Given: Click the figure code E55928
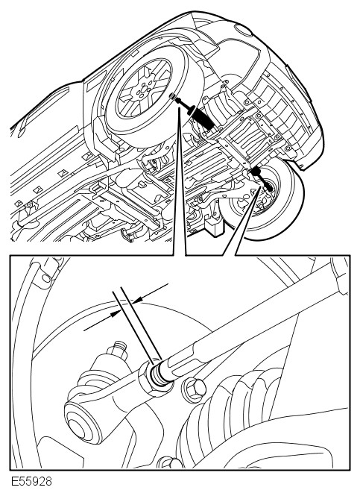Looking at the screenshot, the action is coord(31,482).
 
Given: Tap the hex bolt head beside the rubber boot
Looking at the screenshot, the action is coord(194,389).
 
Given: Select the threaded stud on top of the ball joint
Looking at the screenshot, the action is coord(119,348).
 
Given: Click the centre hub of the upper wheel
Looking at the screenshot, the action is coord(142,90).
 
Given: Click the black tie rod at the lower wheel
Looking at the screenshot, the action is coord(262,179).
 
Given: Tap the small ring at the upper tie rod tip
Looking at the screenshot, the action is coord(173,95).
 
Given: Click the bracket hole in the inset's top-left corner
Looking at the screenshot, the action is coord(46,277).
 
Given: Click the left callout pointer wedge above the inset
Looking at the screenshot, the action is coord(180,180).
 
